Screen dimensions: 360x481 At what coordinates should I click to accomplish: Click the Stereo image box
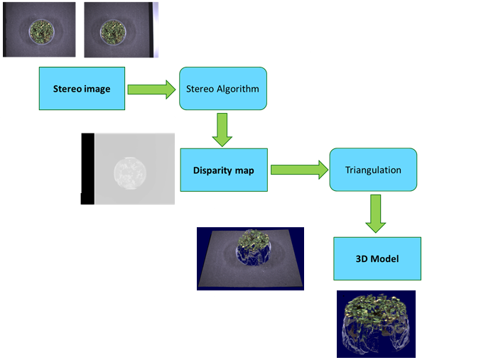(82, 89)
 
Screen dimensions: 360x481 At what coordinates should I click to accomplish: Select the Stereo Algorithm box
(222, 89)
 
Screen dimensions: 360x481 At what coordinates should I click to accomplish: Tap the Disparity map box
(224, 170)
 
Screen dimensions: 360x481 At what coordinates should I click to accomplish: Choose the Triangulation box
(372, 170)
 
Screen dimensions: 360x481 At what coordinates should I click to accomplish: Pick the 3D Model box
(377, 258)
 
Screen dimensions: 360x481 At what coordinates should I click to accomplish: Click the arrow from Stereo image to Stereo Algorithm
(151, 89)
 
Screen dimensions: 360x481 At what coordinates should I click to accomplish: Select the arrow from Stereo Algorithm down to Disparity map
(222, 129)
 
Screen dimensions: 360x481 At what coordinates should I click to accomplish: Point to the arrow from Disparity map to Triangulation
(298, 170)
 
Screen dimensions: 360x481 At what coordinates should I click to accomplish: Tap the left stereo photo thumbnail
(39, 30)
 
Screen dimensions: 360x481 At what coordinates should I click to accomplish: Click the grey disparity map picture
(128, 169)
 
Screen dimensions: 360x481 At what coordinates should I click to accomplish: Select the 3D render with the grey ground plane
(250, 258)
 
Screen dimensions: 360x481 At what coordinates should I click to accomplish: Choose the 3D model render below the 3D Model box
(376, 323)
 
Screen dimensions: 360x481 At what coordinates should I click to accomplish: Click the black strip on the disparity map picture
(87, 169)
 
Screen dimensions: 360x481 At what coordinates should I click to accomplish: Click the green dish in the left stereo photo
(39, 31)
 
